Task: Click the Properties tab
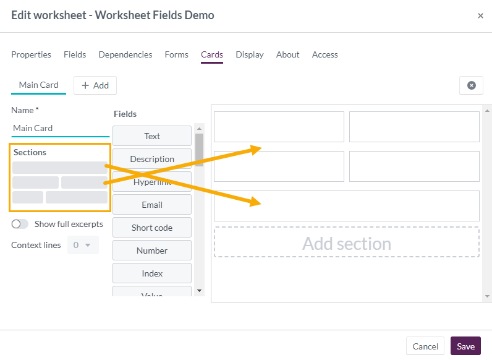31,54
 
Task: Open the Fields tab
75,54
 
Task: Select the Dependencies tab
125,54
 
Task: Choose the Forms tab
176,54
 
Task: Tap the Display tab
250,54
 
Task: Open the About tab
287,54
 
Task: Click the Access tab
324,54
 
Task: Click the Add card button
95,85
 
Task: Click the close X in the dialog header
480,16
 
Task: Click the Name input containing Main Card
60,128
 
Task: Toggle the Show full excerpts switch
20,224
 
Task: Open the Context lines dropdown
82,245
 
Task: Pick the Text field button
152,136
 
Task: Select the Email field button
152,205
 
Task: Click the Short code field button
152,228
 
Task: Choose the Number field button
152,251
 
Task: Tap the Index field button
152,273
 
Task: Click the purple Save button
465,346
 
